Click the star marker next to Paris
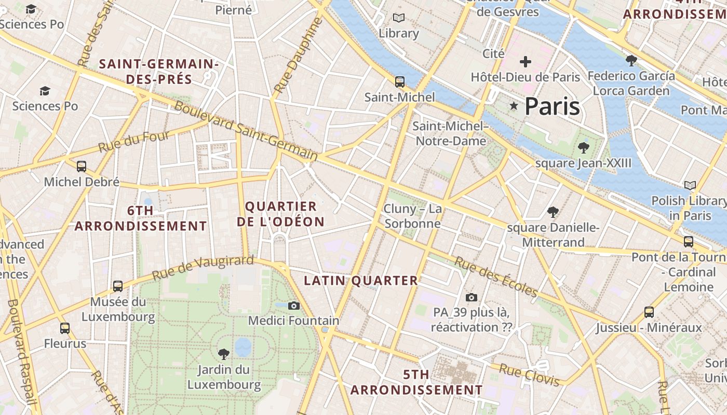514,106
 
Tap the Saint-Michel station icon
399,81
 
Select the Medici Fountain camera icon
294,306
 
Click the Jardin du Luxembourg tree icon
224,354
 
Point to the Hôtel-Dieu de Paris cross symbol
526,62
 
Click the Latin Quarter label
360,281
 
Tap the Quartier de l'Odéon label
280,214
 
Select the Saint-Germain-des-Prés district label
159,72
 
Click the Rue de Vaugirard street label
203,268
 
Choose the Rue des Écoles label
495,277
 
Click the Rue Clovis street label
529,375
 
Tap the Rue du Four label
134,142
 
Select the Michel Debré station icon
82,167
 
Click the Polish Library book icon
690,185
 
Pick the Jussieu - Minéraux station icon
649,312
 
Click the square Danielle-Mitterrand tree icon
553,212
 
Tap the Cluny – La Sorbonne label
413,216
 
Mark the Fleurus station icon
65,328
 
